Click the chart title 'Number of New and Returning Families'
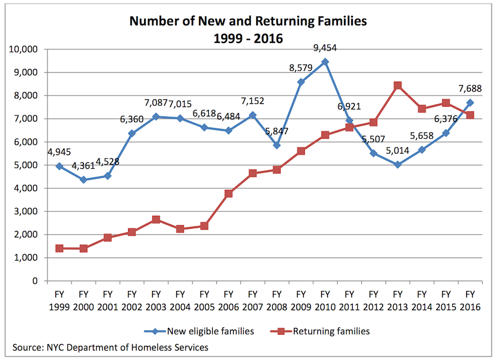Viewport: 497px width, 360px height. tap(248, 22)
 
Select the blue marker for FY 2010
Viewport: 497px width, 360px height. tap(325, 62)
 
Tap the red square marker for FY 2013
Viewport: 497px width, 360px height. tap(398, 86)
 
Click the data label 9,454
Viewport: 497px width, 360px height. tap(325, 49)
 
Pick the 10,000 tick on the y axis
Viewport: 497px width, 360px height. tap(23, 49)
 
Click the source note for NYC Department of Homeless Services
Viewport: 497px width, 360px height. tap(110, 347)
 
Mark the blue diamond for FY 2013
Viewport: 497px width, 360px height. tap(398, 165)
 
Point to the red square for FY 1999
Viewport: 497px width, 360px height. tap(59, 248)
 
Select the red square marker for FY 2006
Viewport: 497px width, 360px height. tap(228, 194)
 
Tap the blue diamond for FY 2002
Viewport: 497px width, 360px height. tap(132, 133)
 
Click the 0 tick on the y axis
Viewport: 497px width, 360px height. tap(34, 281)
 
